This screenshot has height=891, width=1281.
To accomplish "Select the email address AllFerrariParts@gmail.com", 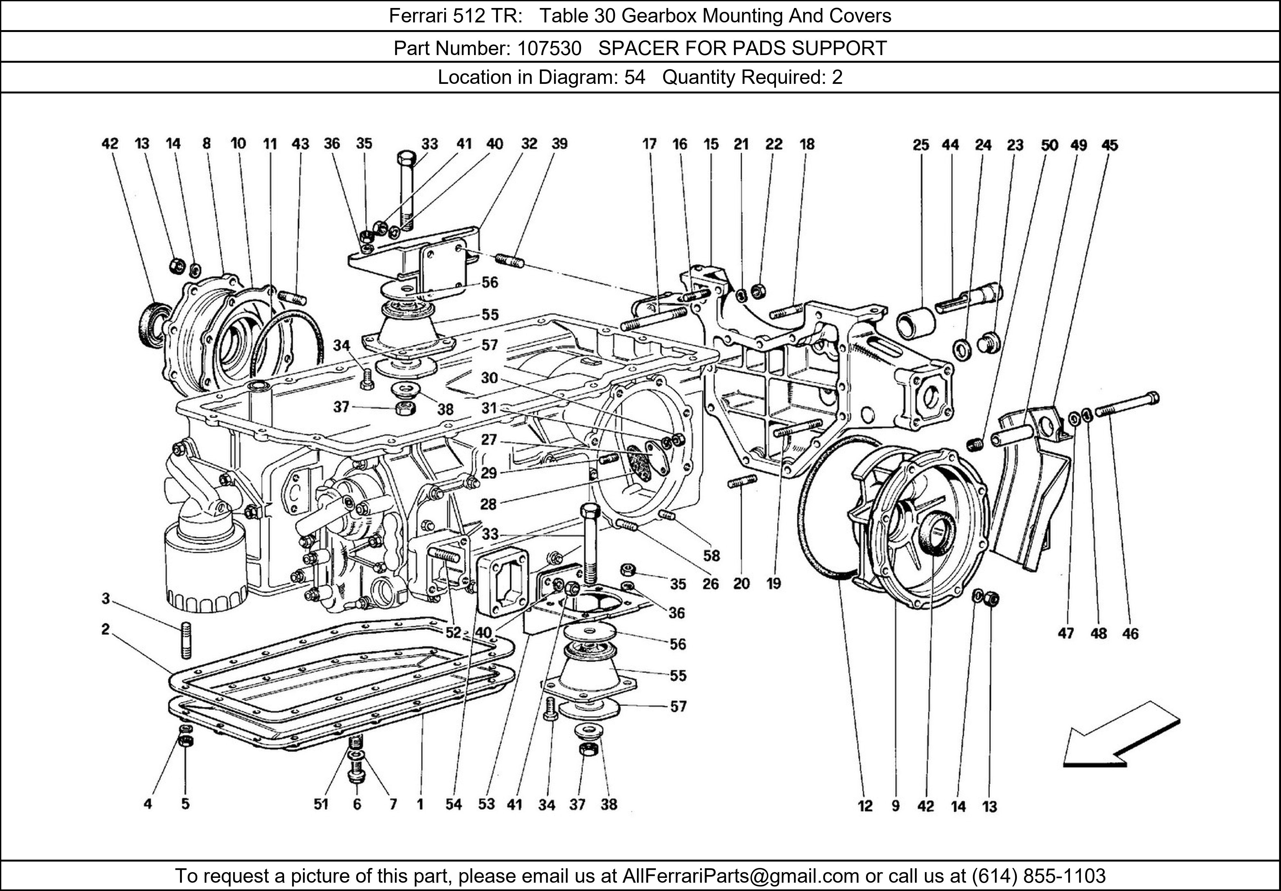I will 740,876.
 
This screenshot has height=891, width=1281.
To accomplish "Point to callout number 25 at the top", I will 921,145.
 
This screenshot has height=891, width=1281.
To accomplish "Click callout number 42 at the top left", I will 110,144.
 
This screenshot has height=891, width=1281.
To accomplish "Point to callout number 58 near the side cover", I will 711,555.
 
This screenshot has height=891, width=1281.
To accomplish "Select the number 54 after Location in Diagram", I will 634,77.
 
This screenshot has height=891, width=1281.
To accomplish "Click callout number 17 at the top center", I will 649,144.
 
